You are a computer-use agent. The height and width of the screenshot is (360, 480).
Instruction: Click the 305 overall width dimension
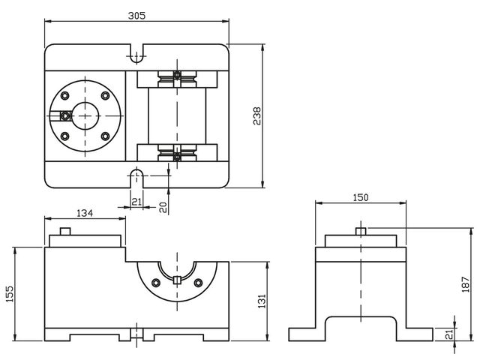pos(136,16)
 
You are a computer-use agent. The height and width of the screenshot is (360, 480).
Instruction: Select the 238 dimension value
pos(257,115)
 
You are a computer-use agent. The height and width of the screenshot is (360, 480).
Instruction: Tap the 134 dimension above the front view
pos(85,213)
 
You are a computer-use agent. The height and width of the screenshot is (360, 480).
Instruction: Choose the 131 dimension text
pos(262,299)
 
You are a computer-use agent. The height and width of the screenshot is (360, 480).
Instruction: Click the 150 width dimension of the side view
pos(360,197)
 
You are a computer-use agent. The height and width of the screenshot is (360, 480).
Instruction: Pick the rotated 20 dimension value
pos(163,206)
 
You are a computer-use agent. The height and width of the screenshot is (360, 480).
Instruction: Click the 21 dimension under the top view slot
pos(136,202)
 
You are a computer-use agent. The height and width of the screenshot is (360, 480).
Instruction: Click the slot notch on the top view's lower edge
pos(136,176)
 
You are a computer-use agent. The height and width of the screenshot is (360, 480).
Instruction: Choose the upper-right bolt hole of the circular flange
pos(104,94)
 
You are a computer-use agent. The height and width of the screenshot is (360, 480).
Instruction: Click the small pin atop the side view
pos(360,230)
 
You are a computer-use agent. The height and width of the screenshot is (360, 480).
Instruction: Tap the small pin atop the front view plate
pos(65,231)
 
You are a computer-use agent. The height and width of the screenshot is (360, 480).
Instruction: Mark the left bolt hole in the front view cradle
pos(155,282)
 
